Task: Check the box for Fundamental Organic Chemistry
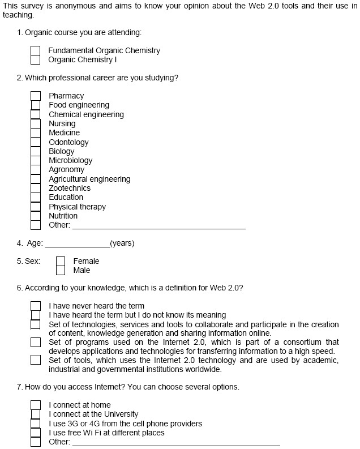[36, 50]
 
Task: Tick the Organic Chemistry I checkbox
[36, 59]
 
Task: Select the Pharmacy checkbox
[36, 96]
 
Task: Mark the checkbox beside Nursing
[36, 123]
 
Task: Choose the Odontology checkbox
[36, 142]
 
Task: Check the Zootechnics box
[36, 188]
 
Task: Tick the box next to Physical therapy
[36, 207]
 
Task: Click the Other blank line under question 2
[158, 228]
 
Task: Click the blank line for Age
[77, 246]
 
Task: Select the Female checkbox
[61, 261]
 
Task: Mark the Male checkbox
[61, 270]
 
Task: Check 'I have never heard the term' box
[36, 306]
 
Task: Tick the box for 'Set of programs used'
[36, 342]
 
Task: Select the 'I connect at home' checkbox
[36, 405]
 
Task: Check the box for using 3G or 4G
[36, 424]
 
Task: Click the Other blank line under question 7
[175, 444]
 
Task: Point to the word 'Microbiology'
[70, 160]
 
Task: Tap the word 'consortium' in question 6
[310, 342]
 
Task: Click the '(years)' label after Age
[122, 243]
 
